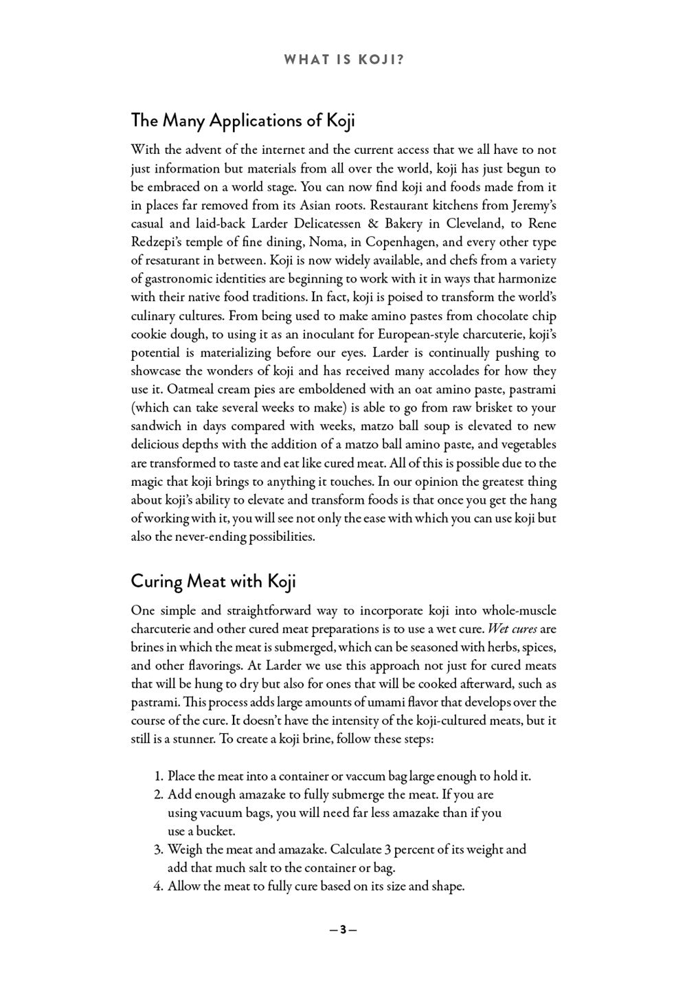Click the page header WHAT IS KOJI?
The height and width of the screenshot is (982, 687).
click(x=343, y=60)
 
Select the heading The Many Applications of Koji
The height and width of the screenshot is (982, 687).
click(x=243, y=120)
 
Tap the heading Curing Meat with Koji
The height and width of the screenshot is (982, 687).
click(x=213, y=581)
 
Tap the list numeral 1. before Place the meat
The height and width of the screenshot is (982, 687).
click(x=157, y=776)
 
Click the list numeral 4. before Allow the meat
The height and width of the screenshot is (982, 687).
click(x=157, y=886)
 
